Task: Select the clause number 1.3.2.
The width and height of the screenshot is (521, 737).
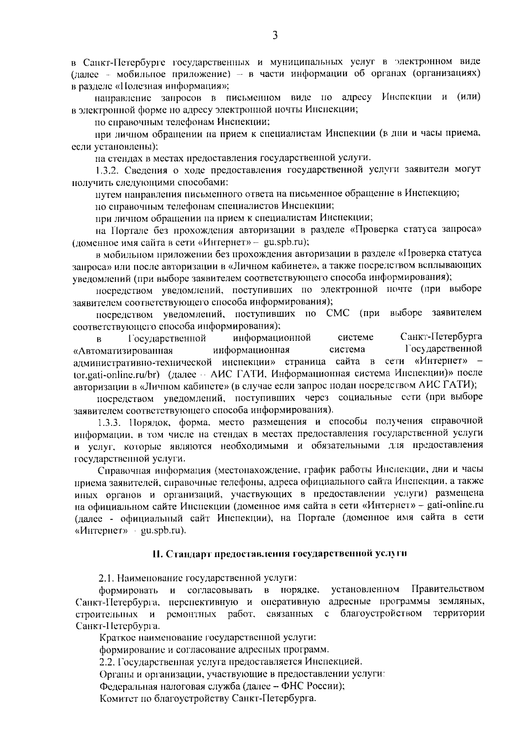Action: click(x=108, y=169)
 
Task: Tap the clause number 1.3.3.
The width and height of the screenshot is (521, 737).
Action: click(x=111, y=422)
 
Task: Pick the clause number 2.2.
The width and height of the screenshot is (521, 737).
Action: click(x=106, y=662)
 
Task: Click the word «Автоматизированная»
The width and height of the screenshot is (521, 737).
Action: click(x=124, y=350)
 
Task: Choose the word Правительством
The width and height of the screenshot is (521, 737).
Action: click(x=447, y=589)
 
